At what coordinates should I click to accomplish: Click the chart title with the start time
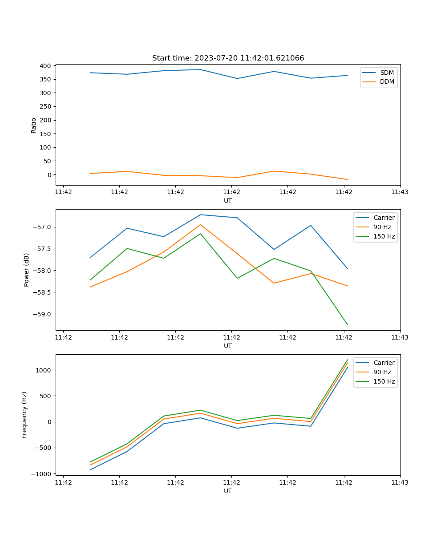pyautogui.click(x=228, y=58)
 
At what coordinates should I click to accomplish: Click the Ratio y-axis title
pyautogui.click(x=33, y=125)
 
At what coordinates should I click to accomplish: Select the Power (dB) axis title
pyautogui.click(x=27, y=270)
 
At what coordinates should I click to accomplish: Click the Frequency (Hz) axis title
pyautogui.click(x=24, y=415)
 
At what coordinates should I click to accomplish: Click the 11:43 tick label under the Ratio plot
pyautogui.click(x=400, y=192)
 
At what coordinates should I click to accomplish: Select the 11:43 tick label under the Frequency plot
pyautogui.click(x=400, y=482)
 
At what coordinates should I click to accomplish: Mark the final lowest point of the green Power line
pyautogui.click(x=348, y=325)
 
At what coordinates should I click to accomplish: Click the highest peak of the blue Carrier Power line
pyautogui.click(x=200, y=214)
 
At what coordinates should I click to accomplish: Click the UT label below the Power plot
pyautogui.click(x=228, y=346)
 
